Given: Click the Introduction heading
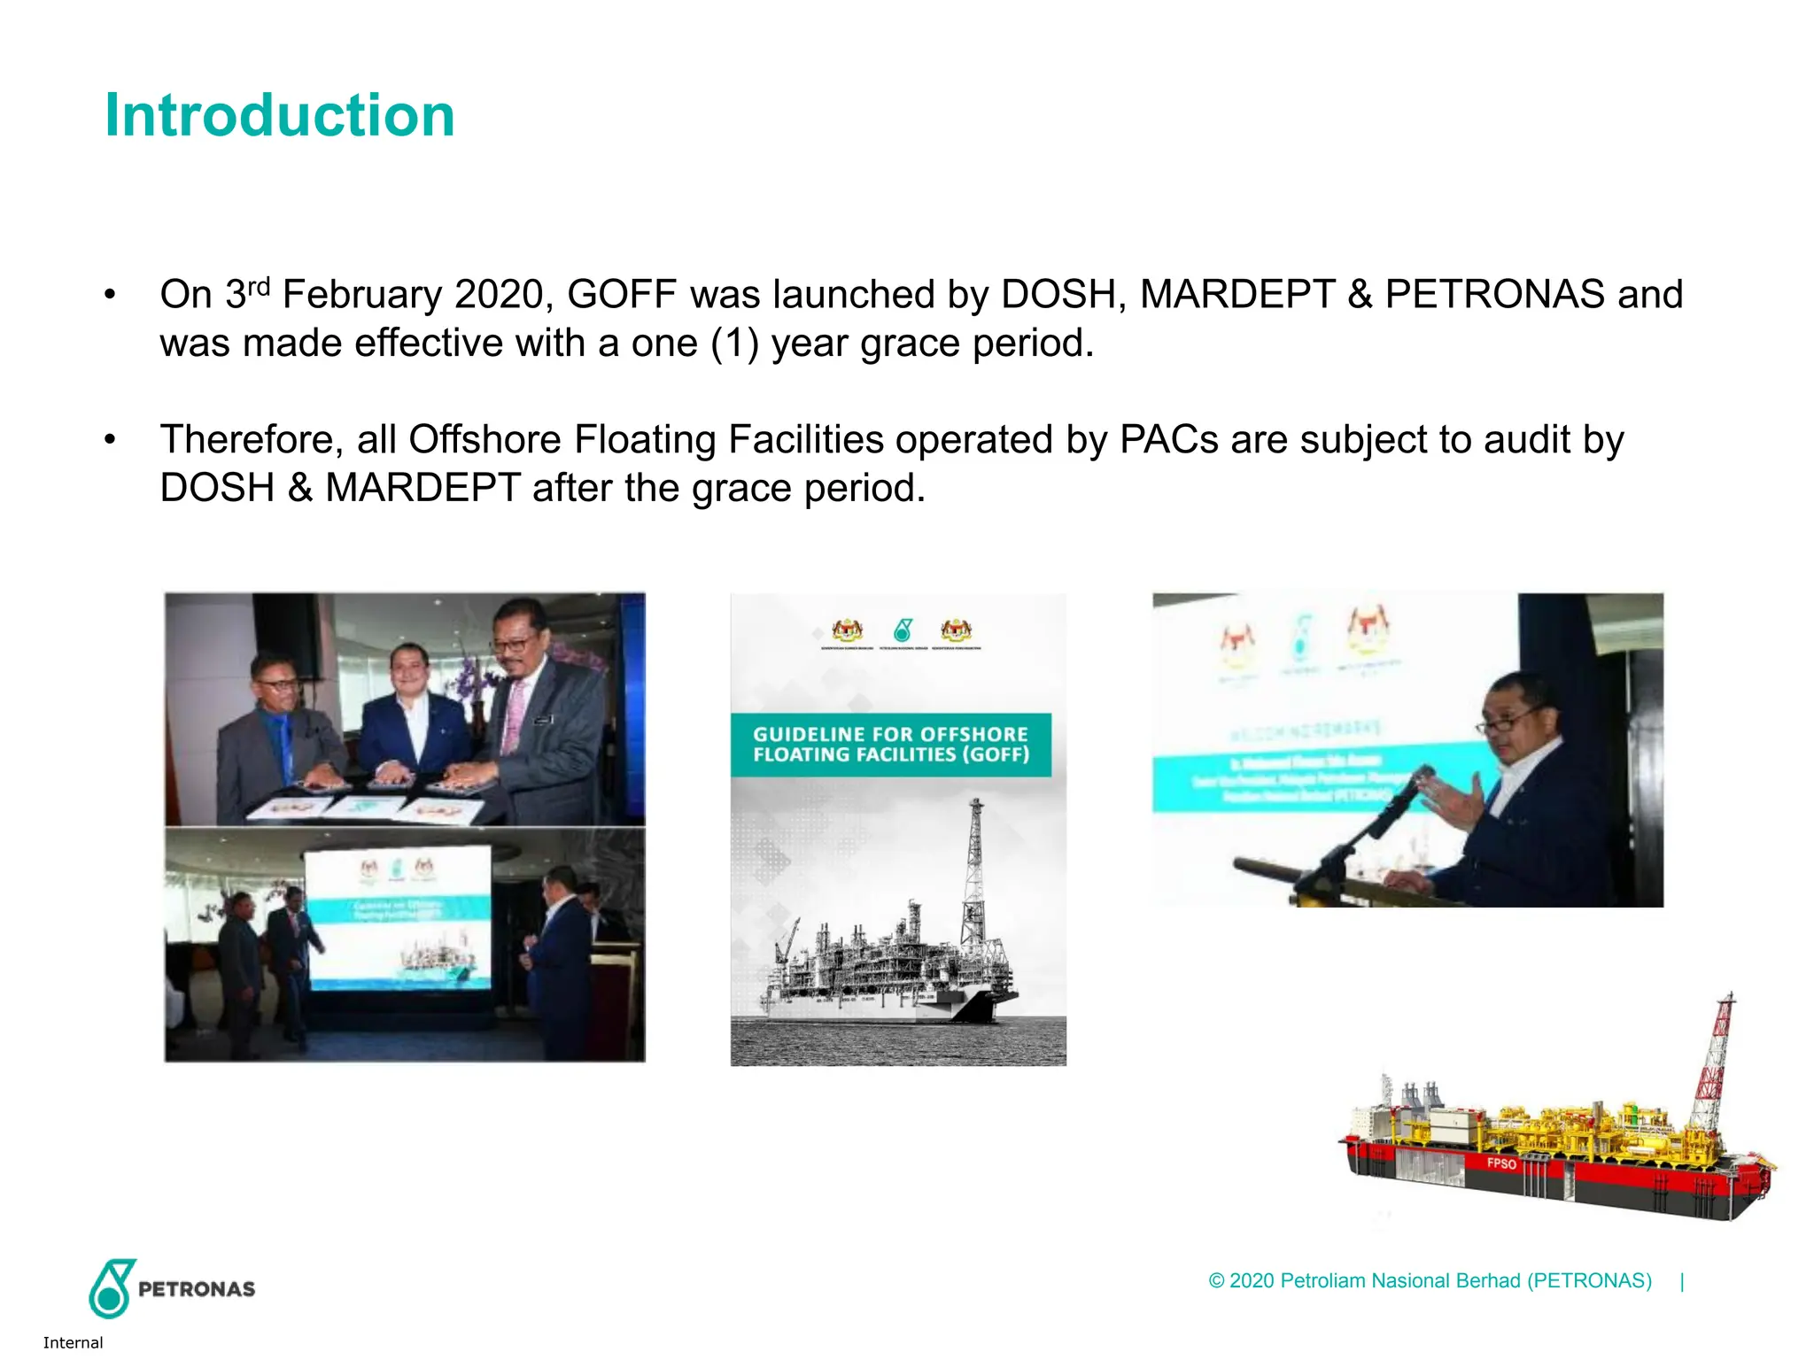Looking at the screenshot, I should pos(280,115).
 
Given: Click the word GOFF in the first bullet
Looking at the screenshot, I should pos(622,295).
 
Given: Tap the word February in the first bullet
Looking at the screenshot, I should pos(361,295).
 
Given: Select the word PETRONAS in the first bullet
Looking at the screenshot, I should pos(1494,295).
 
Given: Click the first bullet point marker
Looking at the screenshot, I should pos(110,295).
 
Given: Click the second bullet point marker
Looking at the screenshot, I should pos(110,440).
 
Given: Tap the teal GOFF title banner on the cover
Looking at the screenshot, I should pos(890,745).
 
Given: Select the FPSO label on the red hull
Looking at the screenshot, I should pos(1501,1163).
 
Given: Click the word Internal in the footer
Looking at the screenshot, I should pos(73,1342).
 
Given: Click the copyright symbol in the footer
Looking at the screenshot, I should pos(1216,1281).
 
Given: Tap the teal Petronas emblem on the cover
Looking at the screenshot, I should pos(903,630).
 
